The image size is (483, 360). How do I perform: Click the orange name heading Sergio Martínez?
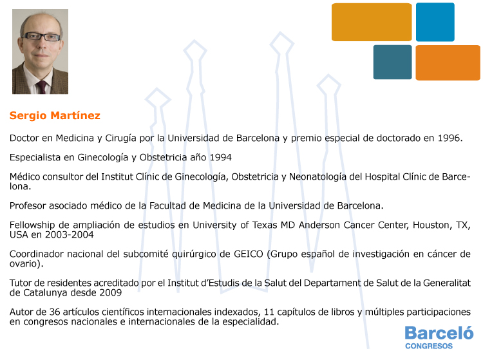pyautogui.click(x=55, y=115)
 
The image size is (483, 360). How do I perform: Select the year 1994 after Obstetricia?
pyautogui.click(x=220, y=157)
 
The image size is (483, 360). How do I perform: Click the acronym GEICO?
pyautogui.click(x=249, y=254)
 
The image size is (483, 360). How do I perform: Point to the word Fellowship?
pyautogui.click(x=32, y=225)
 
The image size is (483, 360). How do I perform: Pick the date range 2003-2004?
pyautogui.click(x=70, y=234)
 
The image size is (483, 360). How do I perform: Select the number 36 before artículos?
pyautogui.click(x=55, y=312)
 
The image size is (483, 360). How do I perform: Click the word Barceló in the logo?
pyautogui.click(x=439, y=333)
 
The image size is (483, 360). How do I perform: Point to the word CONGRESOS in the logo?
pyautogui.click(x=429, y=346)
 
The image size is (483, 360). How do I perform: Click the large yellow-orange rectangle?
pyautogui.click(x=372, y=22)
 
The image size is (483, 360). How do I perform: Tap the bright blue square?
pyautogui.click(x=435, y=22)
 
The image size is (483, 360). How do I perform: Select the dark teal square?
pyautogui.click(x=392, y=62)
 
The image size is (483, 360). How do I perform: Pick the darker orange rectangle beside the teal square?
pyautogui.click(x=448, y=63)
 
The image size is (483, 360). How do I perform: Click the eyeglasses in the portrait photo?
pyautogui.click(x=43, y=37)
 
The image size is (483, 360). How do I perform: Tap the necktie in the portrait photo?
pyautogui.click(x=42, y=87)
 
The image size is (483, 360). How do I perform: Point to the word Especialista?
pyautogui.click(x=35, y=157)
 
